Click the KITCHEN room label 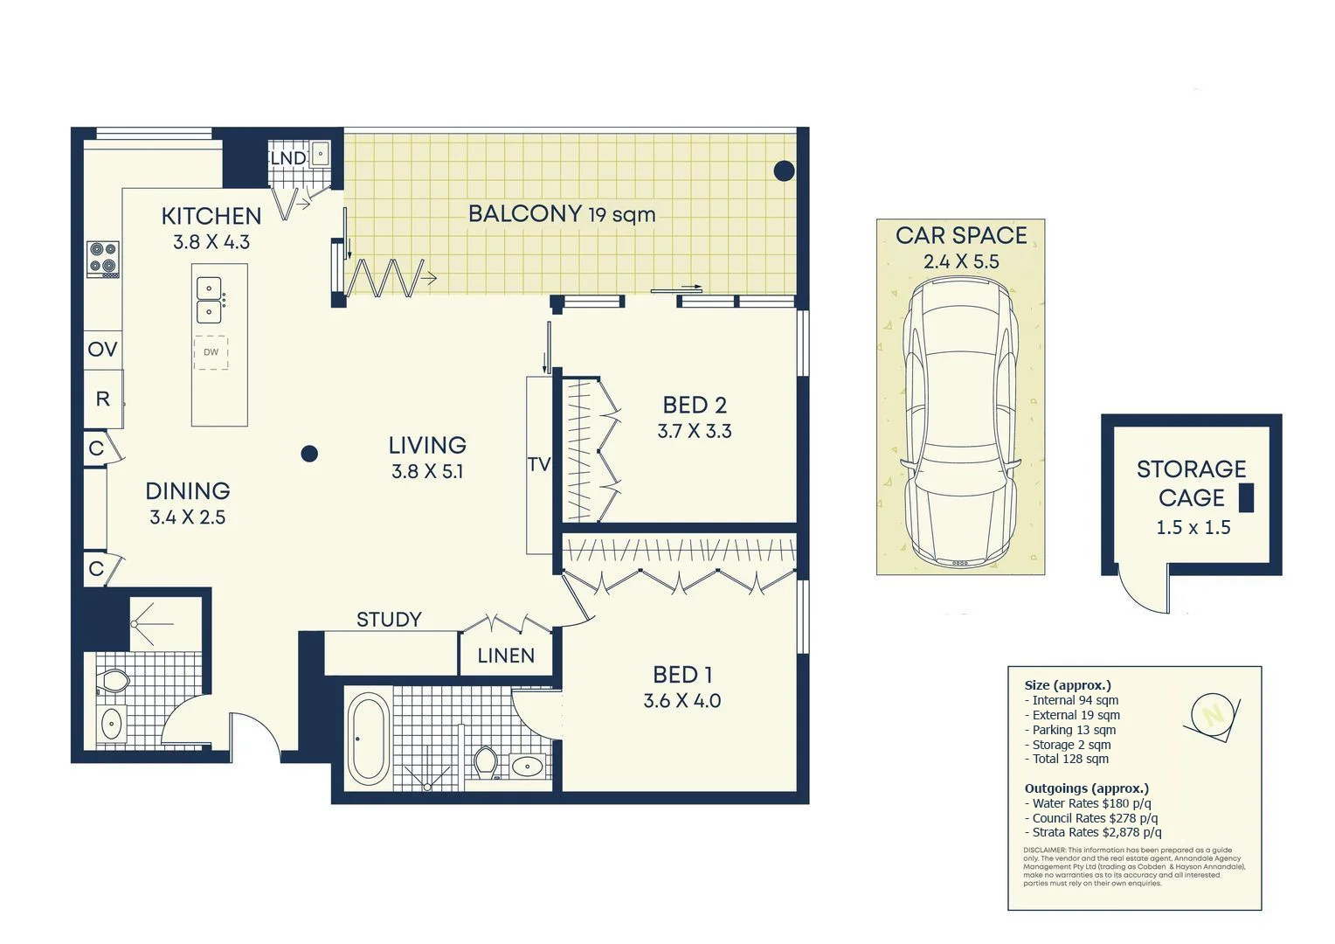coord(211,216)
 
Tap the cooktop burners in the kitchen coord(103,258)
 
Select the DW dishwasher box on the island coord(211,352)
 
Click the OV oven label coord(102,350)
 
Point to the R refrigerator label coord(102,399)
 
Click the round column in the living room coord(309,454)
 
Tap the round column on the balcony coord(784,170)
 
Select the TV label coord(538,464)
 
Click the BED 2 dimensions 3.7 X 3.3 coord(695,431)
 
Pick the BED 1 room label coord(682,675)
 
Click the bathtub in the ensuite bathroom coord(368,739)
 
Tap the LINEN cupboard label coord(506,656)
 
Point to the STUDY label coord(389,620)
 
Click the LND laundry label coord(287,158)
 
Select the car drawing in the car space coord(960,421)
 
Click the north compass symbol coord(1212,715)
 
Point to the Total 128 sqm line coord(1070,759)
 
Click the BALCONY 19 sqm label coord(561,214)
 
